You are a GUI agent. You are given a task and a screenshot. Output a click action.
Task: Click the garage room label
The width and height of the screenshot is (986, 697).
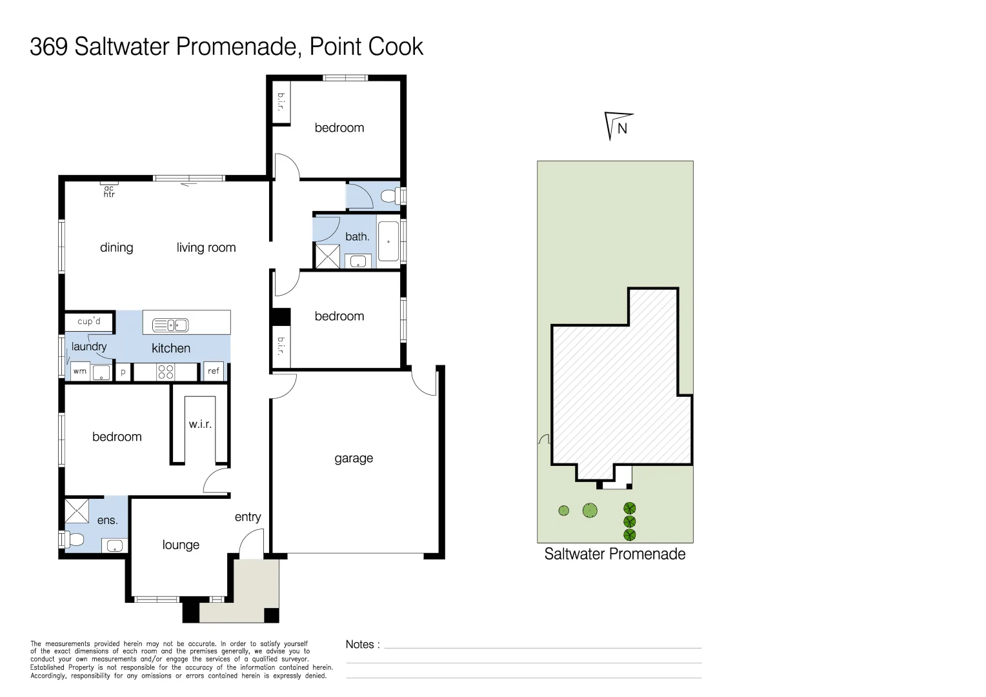pos(354,458)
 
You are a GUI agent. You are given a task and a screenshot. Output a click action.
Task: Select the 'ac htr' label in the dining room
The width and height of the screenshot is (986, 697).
pos(109,191)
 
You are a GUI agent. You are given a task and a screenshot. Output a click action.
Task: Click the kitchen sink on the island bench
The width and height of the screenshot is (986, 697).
pos(170,325)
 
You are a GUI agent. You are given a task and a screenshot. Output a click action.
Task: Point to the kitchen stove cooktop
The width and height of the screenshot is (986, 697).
pos(166,372)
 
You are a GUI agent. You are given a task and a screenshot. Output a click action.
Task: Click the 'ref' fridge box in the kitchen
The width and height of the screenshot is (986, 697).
pos(214,371)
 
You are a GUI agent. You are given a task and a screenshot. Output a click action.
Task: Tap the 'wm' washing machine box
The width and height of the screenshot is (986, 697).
pos(80,372)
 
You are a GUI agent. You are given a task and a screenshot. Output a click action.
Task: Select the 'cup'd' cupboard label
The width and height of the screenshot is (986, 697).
pos(89,321)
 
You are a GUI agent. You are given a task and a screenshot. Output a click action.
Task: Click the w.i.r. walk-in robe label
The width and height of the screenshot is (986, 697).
pos(200,424)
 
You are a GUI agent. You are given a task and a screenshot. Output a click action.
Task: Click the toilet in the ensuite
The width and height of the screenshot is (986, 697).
pos(73,539)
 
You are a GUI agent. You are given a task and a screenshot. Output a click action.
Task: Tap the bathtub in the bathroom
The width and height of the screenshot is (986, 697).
pos(388,241)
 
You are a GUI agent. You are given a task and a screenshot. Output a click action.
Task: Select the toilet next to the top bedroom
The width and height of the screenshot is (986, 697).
pos(391,196)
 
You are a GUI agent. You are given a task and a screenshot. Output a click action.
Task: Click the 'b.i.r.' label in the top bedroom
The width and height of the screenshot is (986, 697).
pos(281,102)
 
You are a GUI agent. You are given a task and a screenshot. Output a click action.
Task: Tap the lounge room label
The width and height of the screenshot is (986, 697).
pos(181,545)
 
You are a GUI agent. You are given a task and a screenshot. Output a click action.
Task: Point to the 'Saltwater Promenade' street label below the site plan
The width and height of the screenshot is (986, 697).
pos(614,554)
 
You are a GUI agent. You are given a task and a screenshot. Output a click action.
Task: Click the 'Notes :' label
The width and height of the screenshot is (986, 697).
pos(363,644)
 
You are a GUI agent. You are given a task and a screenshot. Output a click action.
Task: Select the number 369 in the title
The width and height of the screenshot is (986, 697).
pos(49,46)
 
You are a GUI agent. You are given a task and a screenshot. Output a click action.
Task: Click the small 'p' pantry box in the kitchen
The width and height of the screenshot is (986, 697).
pos(123,372)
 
